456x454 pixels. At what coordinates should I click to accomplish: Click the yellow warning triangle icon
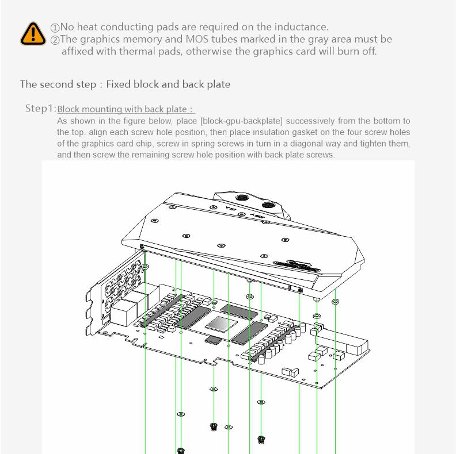(x=33, y=33)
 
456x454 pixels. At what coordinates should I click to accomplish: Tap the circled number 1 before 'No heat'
(x=55, y=28)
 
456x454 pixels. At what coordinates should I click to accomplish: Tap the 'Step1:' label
(x=40, y=109)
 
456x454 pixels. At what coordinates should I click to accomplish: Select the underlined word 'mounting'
(x=101, y=109)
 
